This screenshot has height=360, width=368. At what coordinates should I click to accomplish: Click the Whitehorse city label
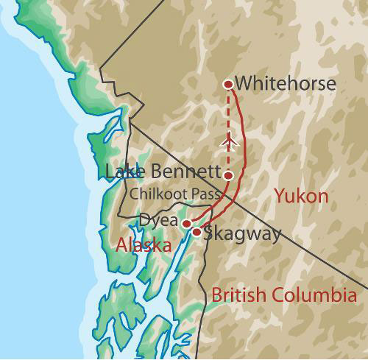286,84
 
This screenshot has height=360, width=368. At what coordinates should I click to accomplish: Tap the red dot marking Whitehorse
228,84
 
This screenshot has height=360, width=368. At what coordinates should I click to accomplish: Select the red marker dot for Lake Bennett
229,176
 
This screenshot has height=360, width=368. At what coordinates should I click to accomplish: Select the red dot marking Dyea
187,223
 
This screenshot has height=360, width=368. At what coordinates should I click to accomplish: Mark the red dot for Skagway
197,232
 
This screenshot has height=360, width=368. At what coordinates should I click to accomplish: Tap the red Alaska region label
144,246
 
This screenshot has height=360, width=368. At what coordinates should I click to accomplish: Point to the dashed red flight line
229,118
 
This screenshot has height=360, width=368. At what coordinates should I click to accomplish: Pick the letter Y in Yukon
278,197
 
